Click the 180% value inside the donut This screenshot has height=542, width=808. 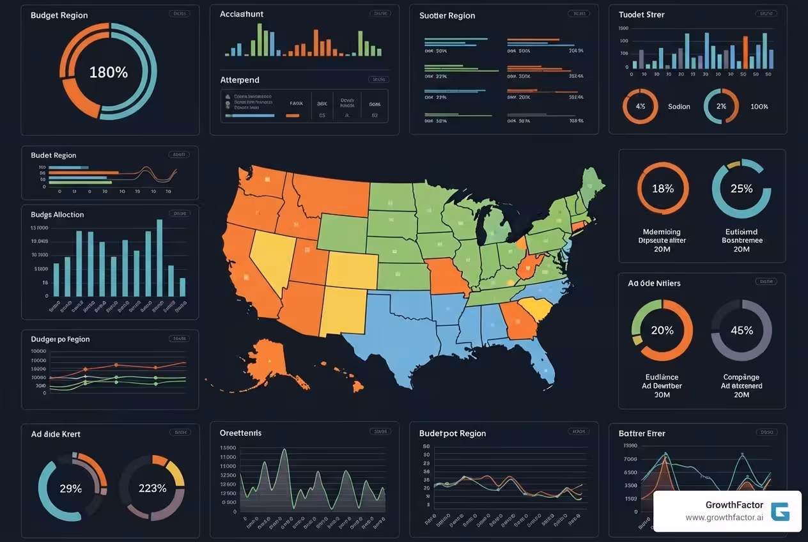tap(108, 72)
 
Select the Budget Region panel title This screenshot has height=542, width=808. tap(59, 15)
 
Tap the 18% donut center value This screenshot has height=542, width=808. tap(663, 189)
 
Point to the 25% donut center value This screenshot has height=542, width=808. tap(741, 189)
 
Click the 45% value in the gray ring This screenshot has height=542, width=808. tap(742, 330)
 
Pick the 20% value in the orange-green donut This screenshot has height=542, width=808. tap(662, 330)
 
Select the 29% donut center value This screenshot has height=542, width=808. tap(70, 488)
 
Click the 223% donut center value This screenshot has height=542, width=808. tap(152, 488)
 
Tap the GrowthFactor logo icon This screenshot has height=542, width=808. tap(780, 511)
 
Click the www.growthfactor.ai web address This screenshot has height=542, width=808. tap(724, 518)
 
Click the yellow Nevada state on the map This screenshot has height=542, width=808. tap(272, 256)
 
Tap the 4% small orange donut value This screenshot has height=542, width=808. tap(641, 107)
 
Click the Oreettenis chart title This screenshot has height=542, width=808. tap(240, 433)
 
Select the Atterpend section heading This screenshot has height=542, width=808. tap(240, 80)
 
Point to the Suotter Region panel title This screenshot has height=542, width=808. tap(447, 15)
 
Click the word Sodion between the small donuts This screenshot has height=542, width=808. tap(679, 107)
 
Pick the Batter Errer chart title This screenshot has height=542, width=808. tap(642, 433)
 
